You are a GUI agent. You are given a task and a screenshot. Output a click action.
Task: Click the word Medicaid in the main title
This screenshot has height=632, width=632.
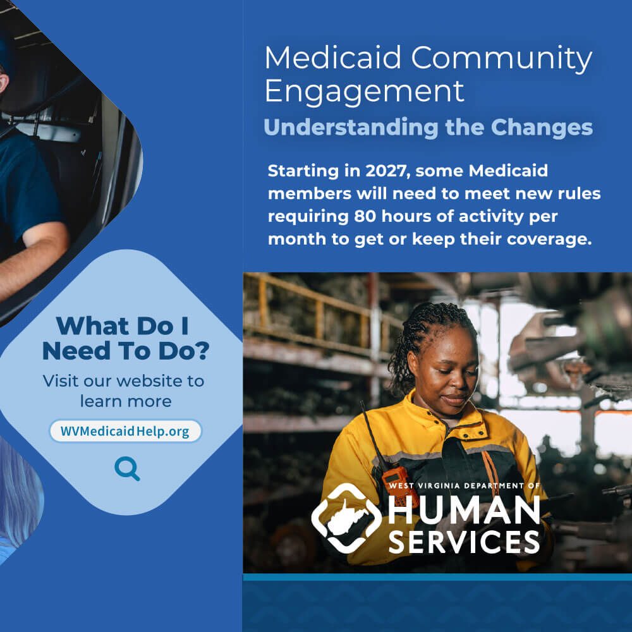[x=333, y=58]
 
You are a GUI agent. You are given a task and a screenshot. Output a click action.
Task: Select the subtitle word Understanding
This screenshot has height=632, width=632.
[x=351, y=128]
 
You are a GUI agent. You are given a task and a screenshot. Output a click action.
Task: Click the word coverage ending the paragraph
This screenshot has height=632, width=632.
[x=549, y=240]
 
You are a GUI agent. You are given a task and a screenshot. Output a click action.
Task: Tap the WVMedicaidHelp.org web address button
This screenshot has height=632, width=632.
[x=125, y=431]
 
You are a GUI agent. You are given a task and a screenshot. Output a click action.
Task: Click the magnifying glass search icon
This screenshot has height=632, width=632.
[x=127, y=468]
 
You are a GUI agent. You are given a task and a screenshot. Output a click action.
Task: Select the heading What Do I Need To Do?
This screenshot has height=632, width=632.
[x=126, y=338]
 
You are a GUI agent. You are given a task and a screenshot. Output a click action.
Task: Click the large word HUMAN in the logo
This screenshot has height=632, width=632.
[x=464, y=510]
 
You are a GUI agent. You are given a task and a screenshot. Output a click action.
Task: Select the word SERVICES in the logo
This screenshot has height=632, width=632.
[x=464, y=542]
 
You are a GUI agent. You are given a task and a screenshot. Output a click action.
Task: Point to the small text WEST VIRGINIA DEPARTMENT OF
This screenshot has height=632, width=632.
[x=464, y=485]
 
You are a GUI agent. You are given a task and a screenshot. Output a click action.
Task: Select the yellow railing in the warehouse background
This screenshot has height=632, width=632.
[x=319, y=314]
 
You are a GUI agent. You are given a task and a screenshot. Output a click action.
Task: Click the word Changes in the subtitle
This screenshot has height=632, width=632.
[x=542, y=128]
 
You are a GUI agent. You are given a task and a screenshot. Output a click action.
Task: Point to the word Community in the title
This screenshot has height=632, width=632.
[x=501, y=58]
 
